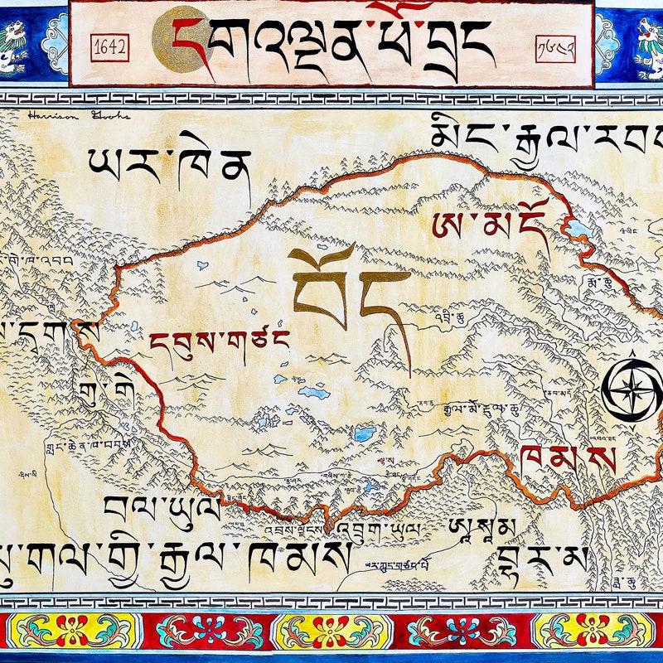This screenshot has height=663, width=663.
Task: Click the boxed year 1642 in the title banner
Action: pyautogui.click(x=109, y=47)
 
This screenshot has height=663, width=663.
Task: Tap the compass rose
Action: pyautogui.click(x=632, y=386)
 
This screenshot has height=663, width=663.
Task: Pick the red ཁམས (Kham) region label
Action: pyautogui.click(x=569, y=458)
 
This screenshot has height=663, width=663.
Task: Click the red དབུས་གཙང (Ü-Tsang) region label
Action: pyautogui.click(x=219, y=341)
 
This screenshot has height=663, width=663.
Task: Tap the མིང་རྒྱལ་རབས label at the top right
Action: pyautogui.click(x=547, y=141)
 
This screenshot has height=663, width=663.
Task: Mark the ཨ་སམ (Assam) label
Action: pyautogui.click(x=482, y=525)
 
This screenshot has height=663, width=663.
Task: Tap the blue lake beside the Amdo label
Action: pyautogui.click(x=578, y=229)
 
